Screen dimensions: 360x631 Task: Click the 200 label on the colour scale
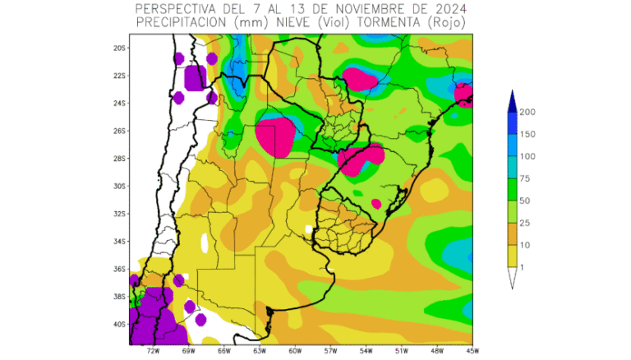[528, 113]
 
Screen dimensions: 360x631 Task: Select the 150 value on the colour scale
[528, 134]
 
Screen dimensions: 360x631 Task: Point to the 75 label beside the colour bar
[527, 178]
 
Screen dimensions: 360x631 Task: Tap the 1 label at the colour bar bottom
[523, 266]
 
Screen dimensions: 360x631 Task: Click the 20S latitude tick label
[120, 48]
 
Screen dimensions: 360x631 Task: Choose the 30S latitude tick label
[120, 186]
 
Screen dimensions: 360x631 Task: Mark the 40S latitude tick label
[120, 324]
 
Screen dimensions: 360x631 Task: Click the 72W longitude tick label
[153, 349]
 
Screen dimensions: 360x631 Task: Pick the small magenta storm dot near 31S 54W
[376, 203]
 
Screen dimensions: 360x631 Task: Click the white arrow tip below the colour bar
[511, 284]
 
